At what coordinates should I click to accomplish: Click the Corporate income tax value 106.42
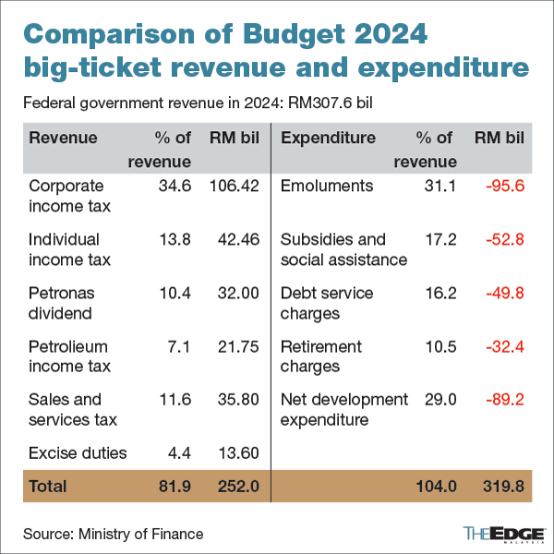point(234,187)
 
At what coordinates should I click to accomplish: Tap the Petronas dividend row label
point(62,303)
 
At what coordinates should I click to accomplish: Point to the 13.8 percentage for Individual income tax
point(174,240)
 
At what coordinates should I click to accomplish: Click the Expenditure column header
point(328,138)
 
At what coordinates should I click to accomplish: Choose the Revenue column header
point(63,138)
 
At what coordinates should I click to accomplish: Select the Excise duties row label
point(78,452)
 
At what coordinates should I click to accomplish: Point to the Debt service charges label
point(327,303)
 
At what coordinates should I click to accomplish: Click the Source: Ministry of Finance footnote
point(113,534)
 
